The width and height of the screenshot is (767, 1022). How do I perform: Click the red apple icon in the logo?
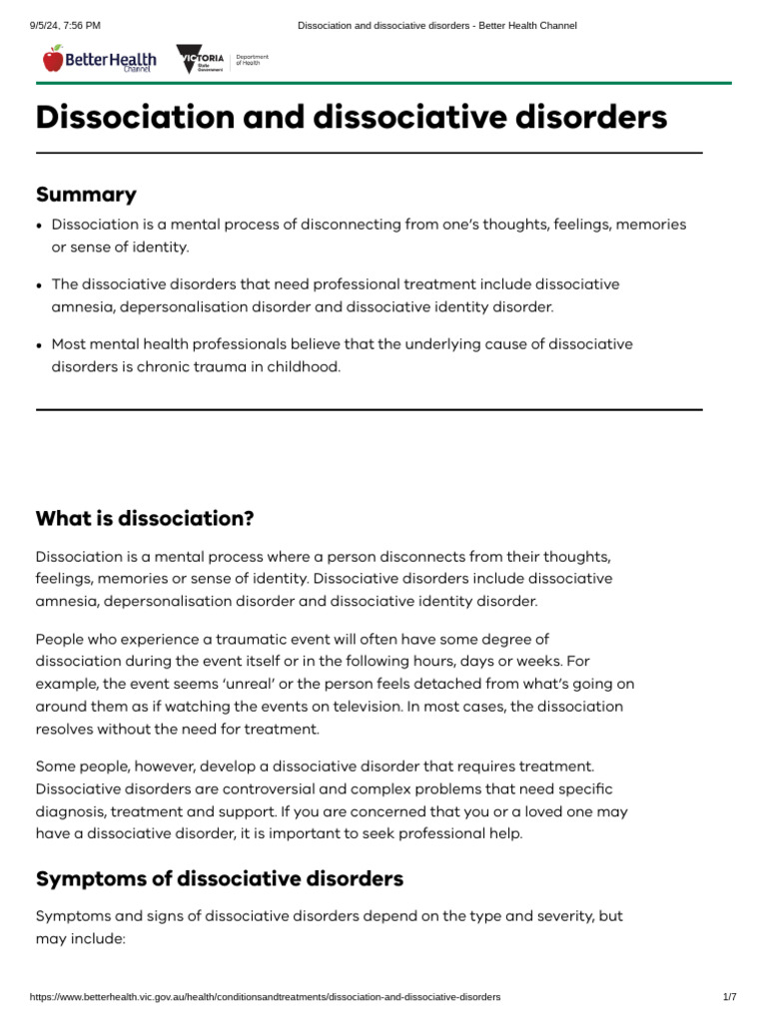(x=53, y=60)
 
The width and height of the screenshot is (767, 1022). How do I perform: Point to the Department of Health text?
(x=252, y=61)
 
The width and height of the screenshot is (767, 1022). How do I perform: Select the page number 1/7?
(x=729, y=997)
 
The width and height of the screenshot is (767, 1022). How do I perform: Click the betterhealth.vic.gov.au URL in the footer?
(x=266, y=997)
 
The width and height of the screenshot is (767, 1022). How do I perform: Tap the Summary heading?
(x=86, y=195)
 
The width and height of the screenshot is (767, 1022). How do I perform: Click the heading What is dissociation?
(x=145, y=519)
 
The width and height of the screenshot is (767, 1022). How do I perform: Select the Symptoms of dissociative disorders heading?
(x=220, y=879)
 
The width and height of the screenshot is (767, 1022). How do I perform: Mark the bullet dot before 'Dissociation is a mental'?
(x=39, y=226)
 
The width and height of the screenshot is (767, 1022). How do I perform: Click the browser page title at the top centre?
(x=437, y=25)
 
